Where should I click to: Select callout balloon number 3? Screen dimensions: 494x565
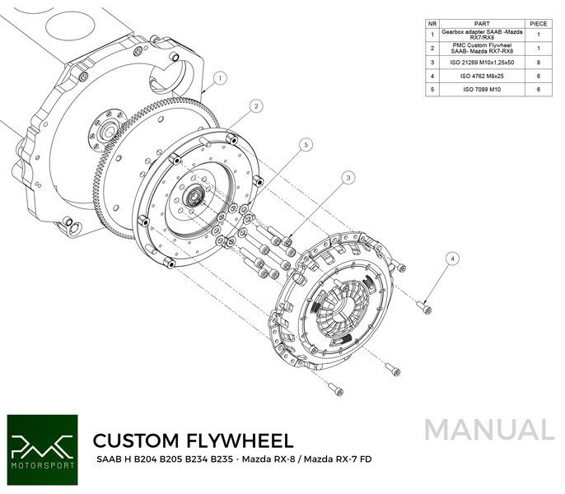pyautogui.click(x=349, y=177)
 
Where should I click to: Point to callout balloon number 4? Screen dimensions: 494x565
pyautogui.click(x=451, y=258)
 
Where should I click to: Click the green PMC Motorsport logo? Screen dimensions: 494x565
pyautogui.click(x=41, y=447)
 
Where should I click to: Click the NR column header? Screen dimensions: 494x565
pyautogui.click(x=432, y=24)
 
